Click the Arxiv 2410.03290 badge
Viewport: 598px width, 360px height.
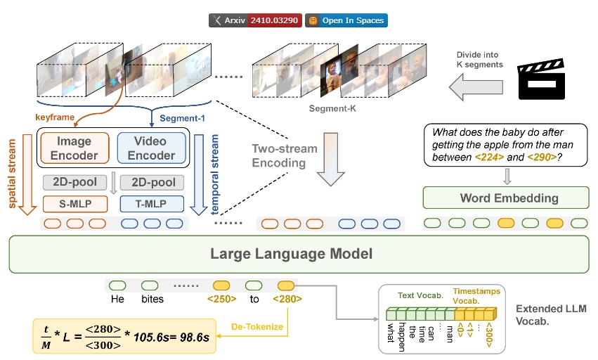point(254,20)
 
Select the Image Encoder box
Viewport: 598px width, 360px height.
point(74,147)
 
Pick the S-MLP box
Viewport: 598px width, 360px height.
point(74,204)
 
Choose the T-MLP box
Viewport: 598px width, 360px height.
point(152,204)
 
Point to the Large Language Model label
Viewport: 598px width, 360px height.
point(298,254)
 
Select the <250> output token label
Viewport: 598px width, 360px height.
point(221,300)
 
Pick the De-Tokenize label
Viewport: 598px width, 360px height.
point(256,326)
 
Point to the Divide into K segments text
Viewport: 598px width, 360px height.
point(479,59)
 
